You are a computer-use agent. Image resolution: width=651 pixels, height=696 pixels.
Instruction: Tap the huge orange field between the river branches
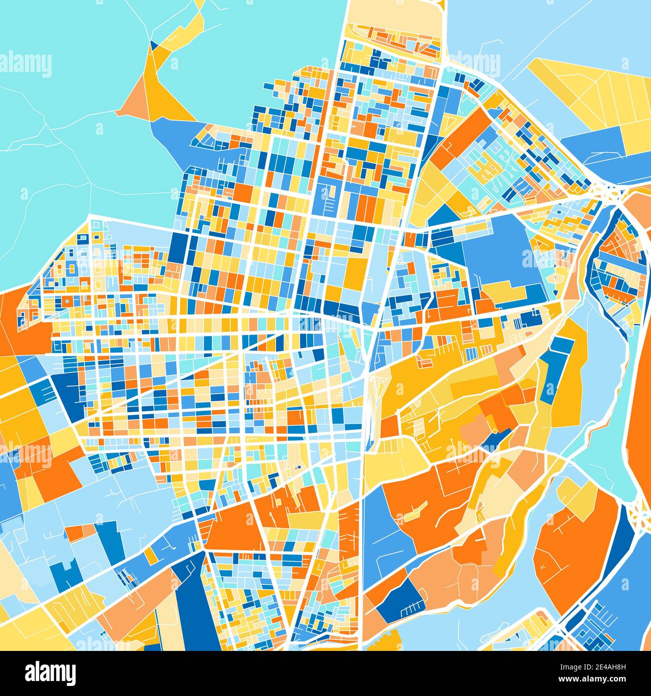point(573,546)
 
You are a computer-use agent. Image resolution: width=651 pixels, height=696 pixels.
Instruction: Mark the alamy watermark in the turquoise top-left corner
point(25,65)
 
